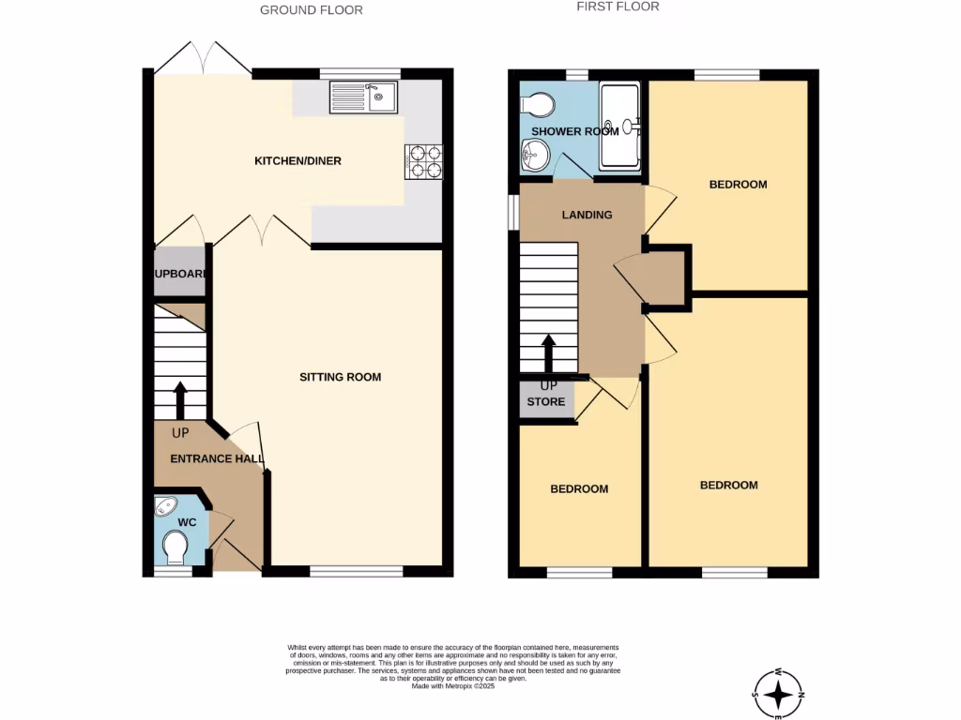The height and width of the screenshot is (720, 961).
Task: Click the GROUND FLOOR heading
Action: (311, 10)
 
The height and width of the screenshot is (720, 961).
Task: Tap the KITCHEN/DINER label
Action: (298, 161)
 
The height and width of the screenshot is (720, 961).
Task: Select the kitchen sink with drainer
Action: (363, 97)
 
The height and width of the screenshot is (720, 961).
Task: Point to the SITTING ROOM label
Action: (340, 377)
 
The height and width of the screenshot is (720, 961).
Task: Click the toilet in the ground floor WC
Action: (175, 547)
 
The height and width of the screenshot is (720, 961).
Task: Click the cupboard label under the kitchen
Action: (180, 274)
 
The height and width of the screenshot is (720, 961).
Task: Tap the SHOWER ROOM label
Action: (575, 131)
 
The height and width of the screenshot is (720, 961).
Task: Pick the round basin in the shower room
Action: (535, 155)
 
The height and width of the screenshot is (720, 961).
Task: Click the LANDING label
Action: (587, 215)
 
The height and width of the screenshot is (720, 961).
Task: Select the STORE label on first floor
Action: (546, 402)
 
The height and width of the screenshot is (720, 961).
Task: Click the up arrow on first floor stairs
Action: (548, 353)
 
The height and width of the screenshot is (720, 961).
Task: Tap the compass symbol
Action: (778, 694)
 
